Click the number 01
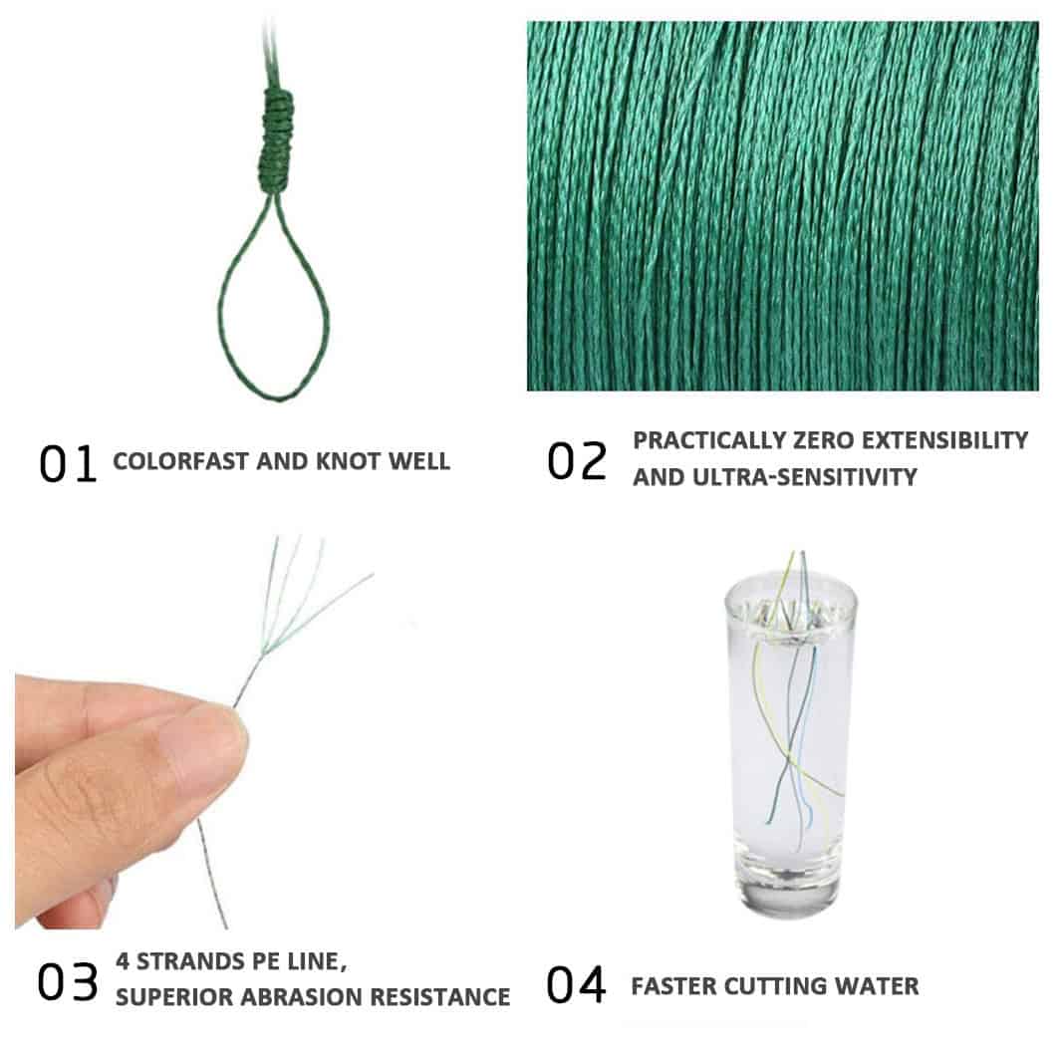[68, 463]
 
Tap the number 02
[577, 461]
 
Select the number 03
[68, 982]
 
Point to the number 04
[576, 985]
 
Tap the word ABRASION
[302, 997]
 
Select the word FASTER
[673, 986]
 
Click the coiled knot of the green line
[277, 140]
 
